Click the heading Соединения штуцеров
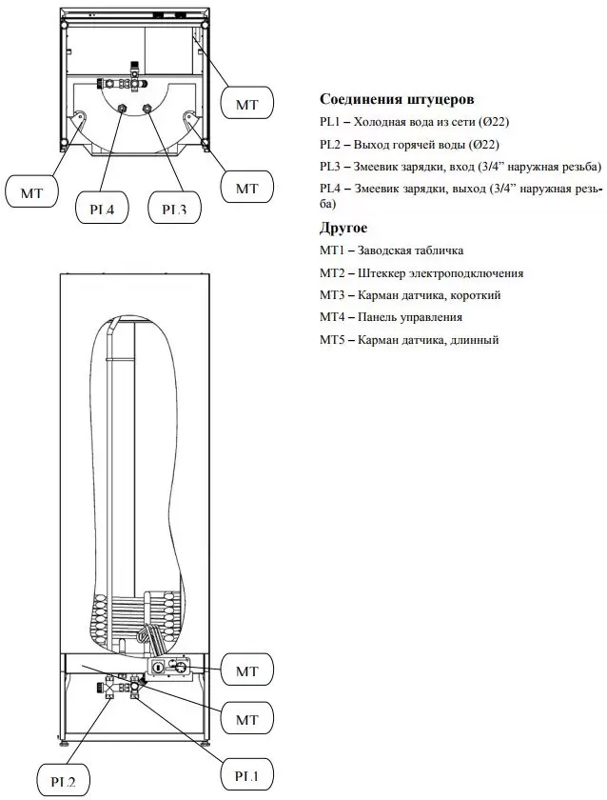[397, 99]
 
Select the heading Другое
[343, 229]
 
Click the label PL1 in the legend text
[329, 123]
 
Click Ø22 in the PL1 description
[482, 123]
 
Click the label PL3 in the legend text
[329, 167]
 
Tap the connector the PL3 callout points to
[148, 110]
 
